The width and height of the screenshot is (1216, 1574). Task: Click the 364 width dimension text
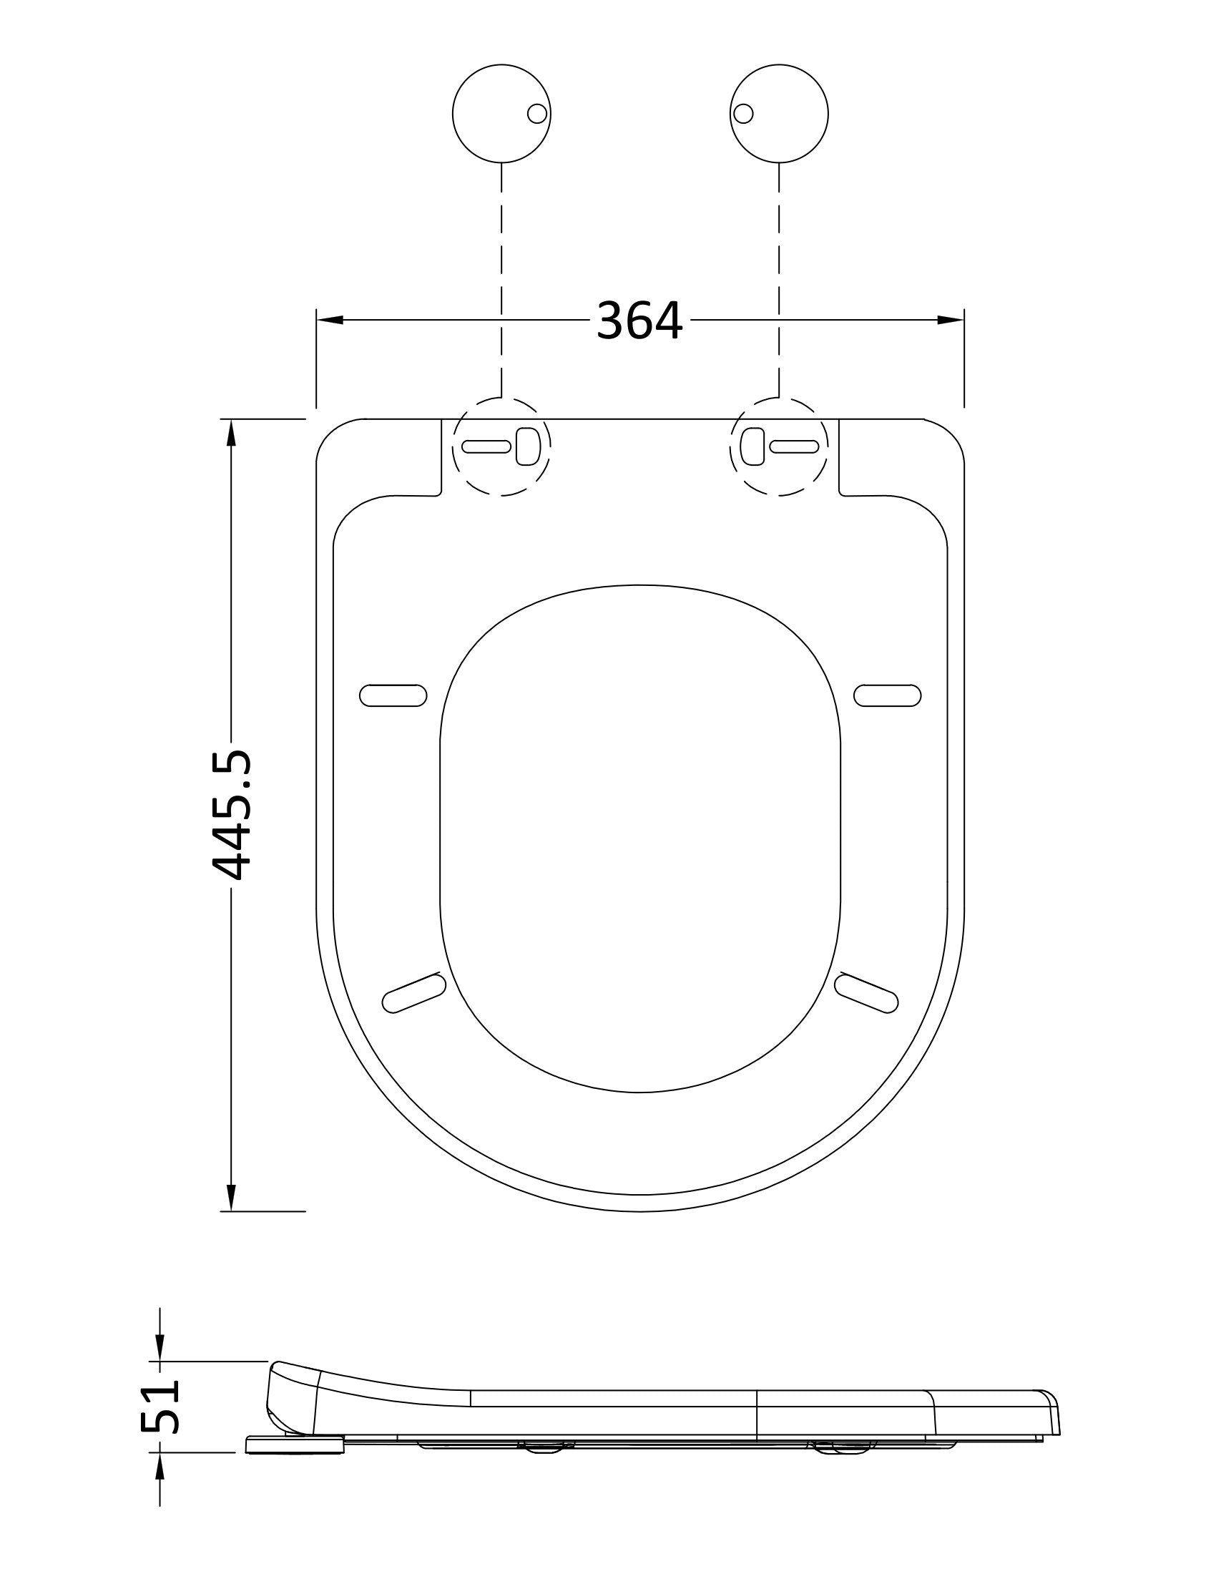point(639,321)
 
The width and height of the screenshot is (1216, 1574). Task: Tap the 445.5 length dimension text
point(232,814)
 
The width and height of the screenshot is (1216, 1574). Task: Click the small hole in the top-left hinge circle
point(536,113)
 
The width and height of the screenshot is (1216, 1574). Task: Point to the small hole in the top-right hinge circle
point(743,113)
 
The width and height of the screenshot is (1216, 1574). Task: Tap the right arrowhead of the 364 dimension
point(950,320)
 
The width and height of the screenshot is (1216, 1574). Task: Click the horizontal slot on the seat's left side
point(393,695)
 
